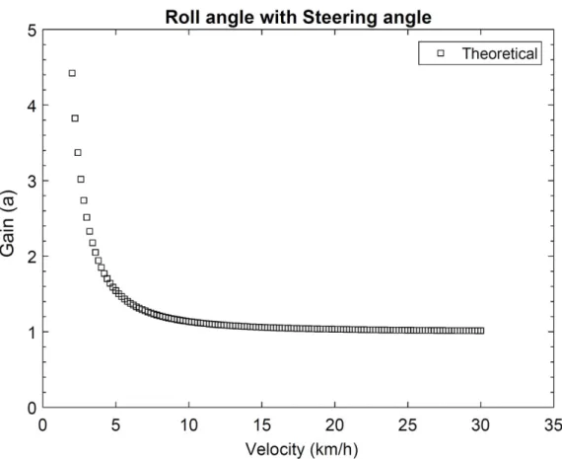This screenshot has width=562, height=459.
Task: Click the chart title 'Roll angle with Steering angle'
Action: [x=298, y=17]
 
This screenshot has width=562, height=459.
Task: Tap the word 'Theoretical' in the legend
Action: [x=500, y=53]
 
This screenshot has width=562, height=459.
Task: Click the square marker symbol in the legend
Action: [x=441, y=53]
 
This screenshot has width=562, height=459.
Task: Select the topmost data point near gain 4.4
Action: [x=72, y=73]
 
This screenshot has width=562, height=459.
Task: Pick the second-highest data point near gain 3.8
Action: [x=75, y=118]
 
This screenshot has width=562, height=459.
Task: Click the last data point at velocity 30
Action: [x=480, y=331]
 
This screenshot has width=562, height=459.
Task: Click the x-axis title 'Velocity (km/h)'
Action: [x=302, y=449]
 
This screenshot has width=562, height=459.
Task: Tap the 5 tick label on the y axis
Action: [x=33, y=31]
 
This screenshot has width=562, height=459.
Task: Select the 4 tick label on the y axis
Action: [x=33, y=107]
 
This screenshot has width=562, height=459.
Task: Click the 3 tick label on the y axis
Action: [x=33, y=182]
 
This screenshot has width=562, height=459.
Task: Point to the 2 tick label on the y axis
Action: [x=33, y=258]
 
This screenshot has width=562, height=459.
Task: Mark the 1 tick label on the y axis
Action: [x=33, y=333]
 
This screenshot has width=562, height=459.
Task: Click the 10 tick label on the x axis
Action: [x=189, y=425]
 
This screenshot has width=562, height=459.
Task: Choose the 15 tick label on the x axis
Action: [x=261, y=425]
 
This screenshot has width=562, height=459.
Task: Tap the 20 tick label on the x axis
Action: [x=335, y=425]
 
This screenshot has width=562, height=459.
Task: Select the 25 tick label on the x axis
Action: [x=408, y=425]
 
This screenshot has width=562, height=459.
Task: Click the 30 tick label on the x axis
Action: [x=480, y=425]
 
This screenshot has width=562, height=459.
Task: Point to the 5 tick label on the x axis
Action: [x=115, y=425]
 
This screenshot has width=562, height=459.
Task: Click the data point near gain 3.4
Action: [x=78, y=153]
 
